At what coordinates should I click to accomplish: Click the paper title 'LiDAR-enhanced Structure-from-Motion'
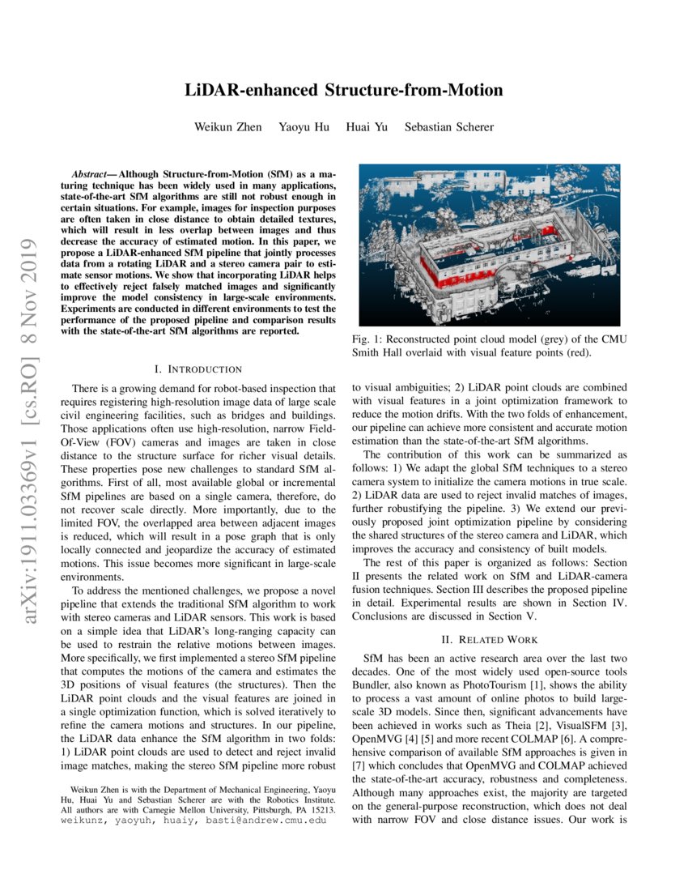tap(344, 90)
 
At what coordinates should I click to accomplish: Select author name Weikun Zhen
tap(227, 127)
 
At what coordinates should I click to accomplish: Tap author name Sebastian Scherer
tap(449, 127)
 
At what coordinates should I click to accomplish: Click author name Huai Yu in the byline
tap(367, 127)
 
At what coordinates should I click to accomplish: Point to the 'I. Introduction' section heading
tap(199, 369)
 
